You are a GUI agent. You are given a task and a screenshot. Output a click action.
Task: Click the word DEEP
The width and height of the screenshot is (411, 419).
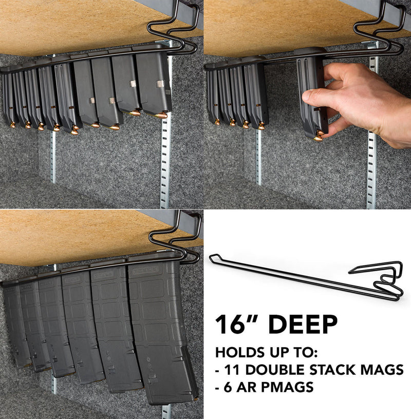pos(303,325)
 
